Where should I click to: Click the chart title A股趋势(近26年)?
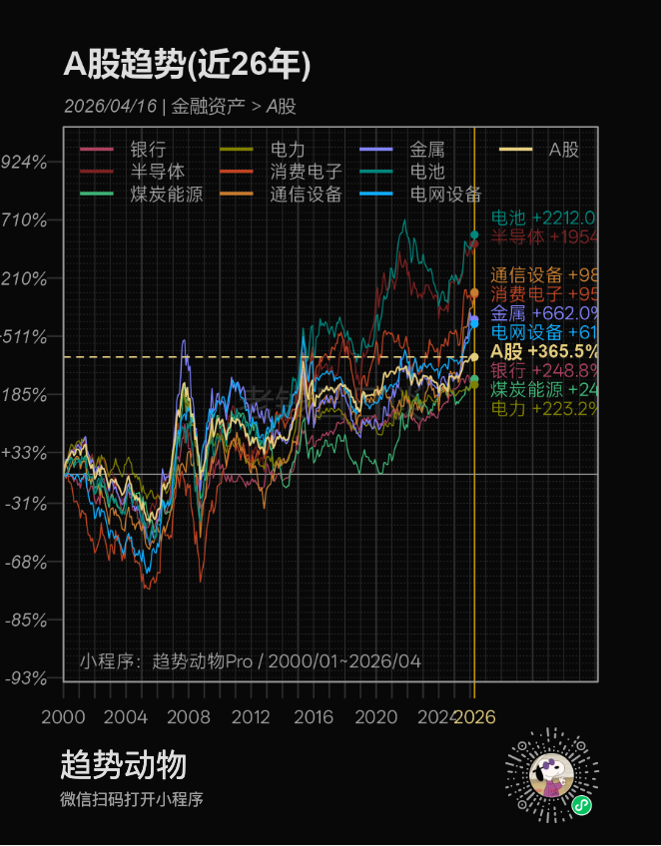pos(188,65)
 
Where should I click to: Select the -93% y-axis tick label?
pos(26,678)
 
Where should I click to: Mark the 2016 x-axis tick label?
pos(314,717)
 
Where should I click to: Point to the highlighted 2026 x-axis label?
pos(474,717)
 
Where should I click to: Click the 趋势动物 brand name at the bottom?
pos(124,766)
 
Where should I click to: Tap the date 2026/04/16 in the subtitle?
pos(110,106)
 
